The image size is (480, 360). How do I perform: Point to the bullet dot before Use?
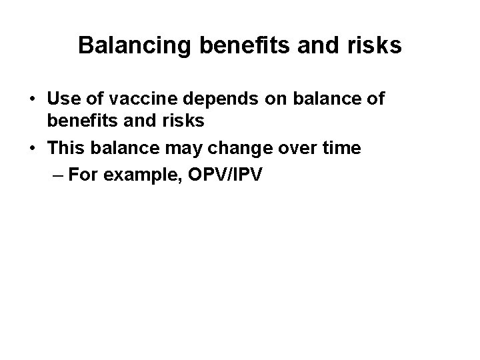pos(33,99)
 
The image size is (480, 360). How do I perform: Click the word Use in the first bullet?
pos(63,99)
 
